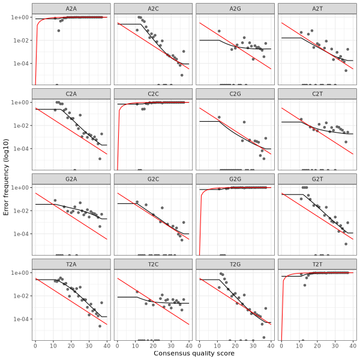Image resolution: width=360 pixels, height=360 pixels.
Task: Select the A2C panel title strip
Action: [x=153, y=8]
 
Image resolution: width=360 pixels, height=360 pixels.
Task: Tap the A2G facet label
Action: [x=235, y=8]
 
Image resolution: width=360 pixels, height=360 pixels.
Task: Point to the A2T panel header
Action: [x=317, y=8]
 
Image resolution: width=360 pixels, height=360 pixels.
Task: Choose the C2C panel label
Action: [x=153, y=93]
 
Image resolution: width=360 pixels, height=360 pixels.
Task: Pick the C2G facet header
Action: [x=235, y=93]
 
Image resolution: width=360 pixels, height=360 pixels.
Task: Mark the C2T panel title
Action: [x=317, y=93]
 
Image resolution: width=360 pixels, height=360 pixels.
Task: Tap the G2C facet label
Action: [x=153, y=178]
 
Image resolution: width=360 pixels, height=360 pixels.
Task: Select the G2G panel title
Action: [x=235, y=178]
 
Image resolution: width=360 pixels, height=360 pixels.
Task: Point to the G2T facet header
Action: [x=317, y=178]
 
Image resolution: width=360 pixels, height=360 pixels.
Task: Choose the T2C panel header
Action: [x=153, y=263]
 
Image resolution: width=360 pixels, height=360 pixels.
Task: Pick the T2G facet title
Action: [x=235, y=263]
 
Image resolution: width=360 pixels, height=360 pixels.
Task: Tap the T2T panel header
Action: [x=317, y=263]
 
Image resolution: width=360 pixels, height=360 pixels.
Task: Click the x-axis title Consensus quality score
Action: [x=194, y=353]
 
